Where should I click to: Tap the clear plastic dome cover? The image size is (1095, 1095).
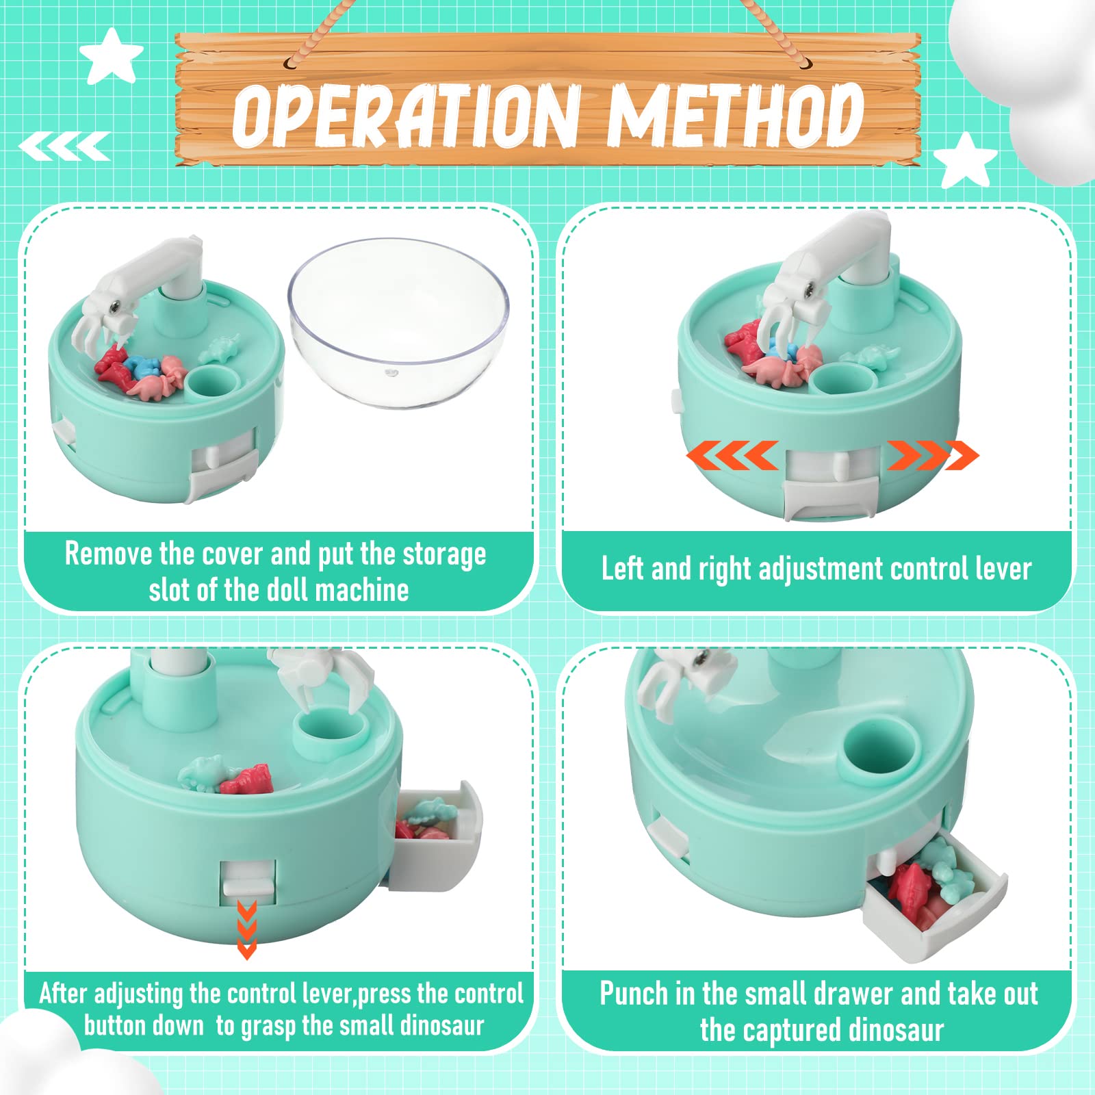399,322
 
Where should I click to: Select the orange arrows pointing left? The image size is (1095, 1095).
732,455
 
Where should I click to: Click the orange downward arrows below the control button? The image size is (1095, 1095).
246,930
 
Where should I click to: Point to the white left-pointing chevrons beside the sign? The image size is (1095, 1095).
64,146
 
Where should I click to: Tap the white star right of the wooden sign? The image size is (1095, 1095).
966,162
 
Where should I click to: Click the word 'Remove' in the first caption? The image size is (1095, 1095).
108,554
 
